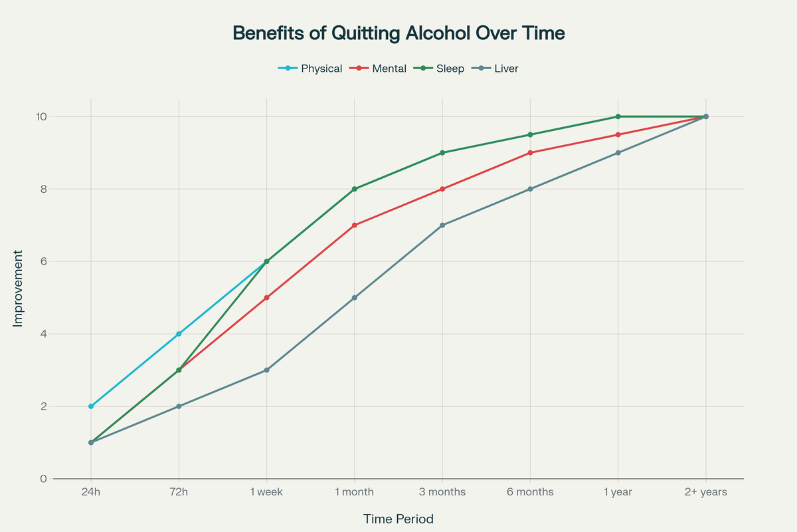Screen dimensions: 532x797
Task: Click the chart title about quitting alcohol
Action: (398, 33)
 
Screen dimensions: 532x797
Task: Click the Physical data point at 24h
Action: (91, 406)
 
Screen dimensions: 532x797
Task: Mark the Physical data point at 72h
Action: (179, 334)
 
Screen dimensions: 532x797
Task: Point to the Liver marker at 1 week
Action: (266, 370)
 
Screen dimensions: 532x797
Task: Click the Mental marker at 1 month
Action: (355, 225)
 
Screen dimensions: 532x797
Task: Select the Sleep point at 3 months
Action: (442, 153)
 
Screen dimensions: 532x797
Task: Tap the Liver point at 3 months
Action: (442, 225)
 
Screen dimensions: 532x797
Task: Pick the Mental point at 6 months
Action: (530, 153)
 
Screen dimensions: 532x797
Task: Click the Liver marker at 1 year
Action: (618, 153)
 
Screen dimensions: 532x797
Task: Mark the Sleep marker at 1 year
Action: (618, 116)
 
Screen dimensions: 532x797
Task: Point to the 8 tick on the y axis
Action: (42, 189)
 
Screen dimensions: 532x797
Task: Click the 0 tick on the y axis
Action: (42, 479)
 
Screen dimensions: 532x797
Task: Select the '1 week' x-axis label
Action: (266, 493)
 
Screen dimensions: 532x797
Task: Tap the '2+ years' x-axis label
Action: (706, 493)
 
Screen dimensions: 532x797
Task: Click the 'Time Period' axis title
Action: (398, 519)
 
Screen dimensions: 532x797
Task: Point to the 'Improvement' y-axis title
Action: (18, 289)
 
